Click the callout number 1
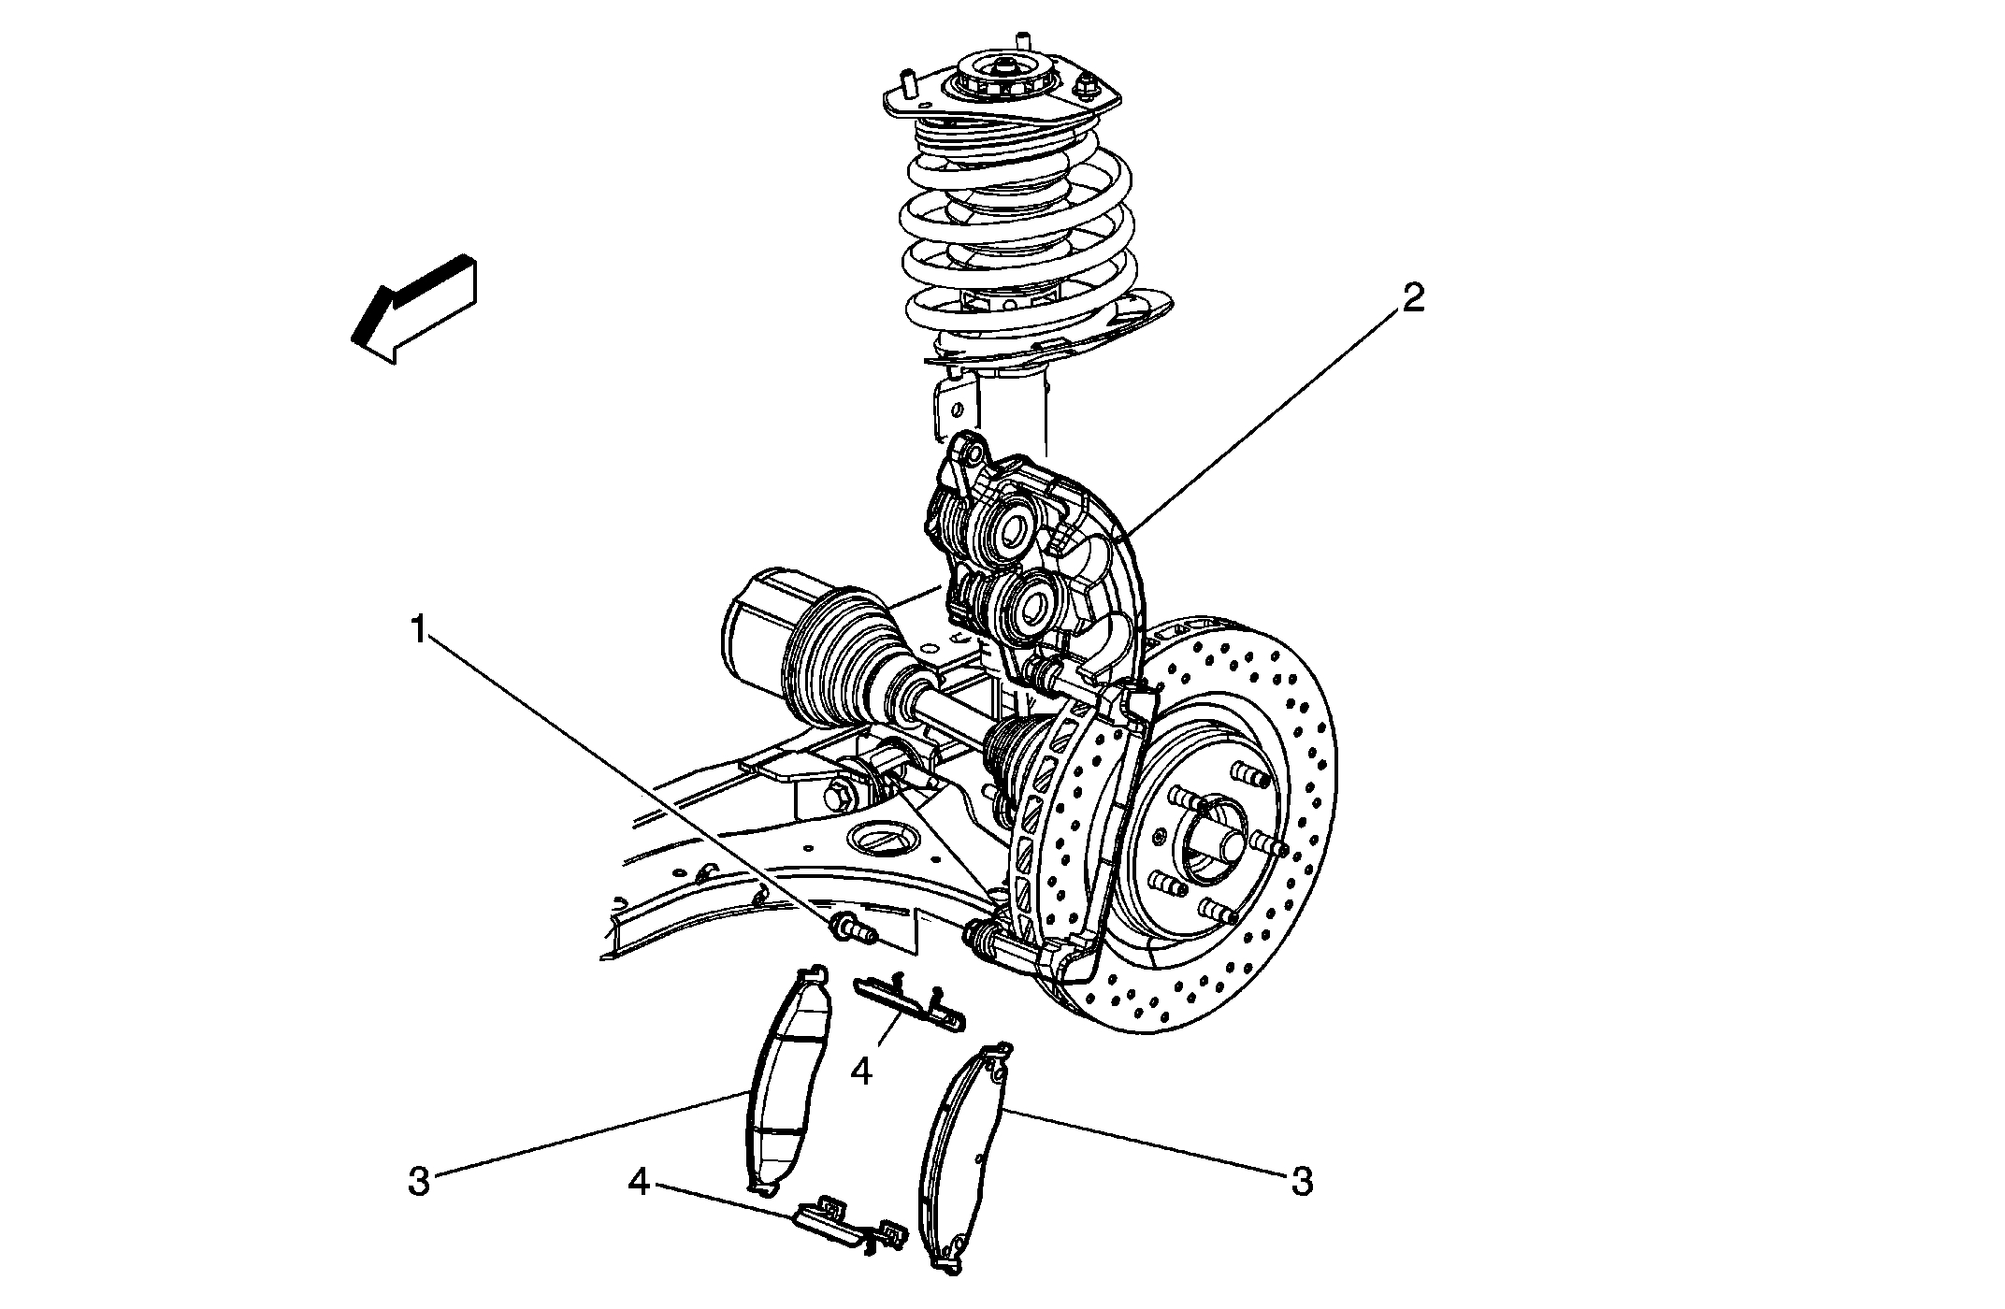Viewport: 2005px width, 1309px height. tap(419, 629)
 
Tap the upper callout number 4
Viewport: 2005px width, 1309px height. tap(861, 1072)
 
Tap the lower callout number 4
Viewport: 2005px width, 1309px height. tap(639, 1183)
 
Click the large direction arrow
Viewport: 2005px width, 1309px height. tap(416, 309)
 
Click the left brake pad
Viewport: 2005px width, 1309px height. tap(781, 1085)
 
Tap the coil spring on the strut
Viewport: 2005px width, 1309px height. tap(1019, 234)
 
